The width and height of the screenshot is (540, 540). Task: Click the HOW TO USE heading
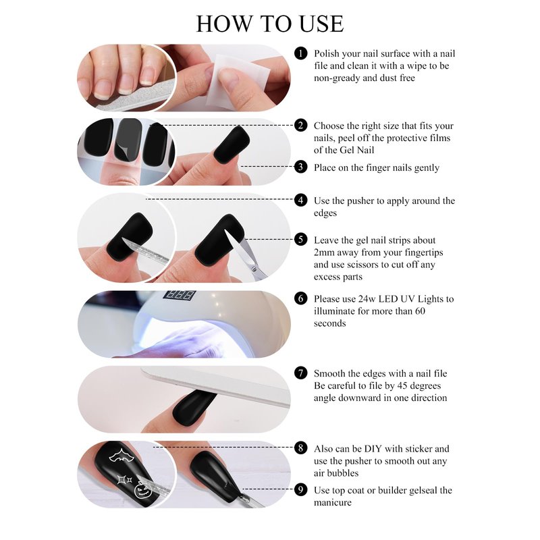(269, 24)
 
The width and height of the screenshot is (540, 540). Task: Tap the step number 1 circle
(300, 53)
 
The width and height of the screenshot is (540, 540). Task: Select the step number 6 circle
(300, 298)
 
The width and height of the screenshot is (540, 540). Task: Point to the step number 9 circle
(300, 490)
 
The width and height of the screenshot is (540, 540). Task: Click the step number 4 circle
(300, 200)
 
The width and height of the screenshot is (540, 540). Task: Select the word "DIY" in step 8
(373, 449)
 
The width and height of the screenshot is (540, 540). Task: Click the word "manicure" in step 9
(333, 502)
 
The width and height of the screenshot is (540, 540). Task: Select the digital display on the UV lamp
(180, 295)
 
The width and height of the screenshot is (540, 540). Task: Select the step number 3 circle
(300, 167)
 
